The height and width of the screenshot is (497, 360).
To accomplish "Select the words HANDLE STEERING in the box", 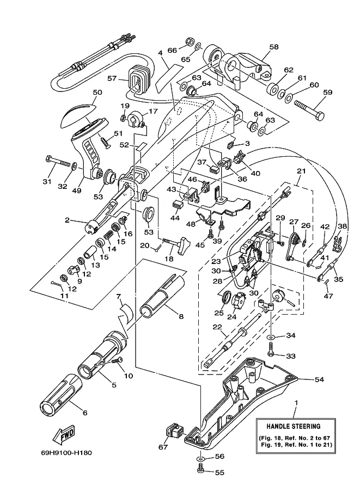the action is point(294,426).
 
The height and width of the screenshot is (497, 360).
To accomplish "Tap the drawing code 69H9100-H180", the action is point(66,452).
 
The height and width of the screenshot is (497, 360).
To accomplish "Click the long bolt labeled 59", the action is point(309,109).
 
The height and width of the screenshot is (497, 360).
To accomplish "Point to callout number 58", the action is point(274,47).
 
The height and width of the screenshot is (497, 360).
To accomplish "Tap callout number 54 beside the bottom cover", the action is point(319,379).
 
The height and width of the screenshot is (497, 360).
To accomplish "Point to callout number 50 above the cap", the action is point(97,92).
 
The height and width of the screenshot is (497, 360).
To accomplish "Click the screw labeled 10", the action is point(117,361).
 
